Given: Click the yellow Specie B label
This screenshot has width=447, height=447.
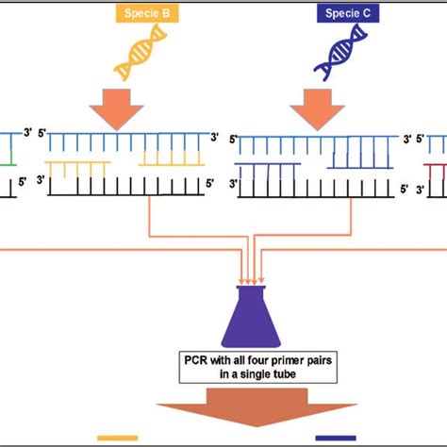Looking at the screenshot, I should tap(141, 14).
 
